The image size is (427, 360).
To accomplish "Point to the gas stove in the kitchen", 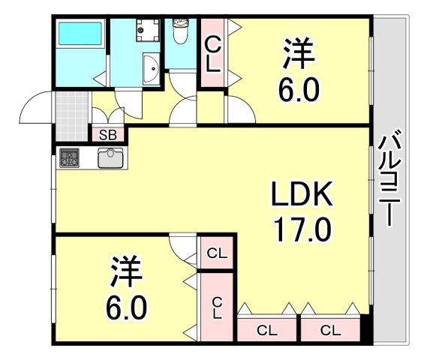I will coord(70,158).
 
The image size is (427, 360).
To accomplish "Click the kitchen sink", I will coord(111,158).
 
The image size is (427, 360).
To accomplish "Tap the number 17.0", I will coord(301,228).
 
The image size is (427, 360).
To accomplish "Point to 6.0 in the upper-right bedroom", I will coord(300,91).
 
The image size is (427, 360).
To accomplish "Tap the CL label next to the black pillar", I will coord(329,329).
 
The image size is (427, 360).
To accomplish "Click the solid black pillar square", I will coord(366,328).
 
